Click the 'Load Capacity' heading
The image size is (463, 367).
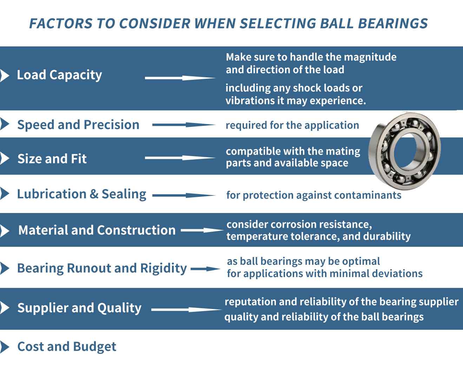59,75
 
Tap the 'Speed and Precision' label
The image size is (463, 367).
78,125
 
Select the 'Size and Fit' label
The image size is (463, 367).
52,159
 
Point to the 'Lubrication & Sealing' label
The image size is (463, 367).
81,194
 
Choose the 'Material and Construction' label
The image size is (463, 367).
97,230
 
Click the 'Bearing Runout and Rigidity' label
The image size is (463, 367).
102,268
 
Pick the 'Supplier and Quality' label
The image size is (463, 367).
79,308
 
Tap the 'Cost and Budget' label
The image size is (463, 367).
67,347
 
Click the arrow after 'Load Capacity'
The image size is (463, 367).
180,78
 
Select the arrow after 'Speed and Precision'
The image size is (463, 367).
184,125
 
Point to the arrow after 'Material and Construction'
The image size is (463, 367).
202,231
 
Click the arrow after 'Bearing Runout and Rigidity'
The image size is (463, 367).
206,269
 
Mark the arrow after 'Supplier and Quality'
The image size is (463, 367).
186,310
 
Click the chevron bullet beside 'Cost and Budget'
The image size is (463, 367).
5,347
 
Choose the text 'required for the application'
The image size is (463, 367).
292,125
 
